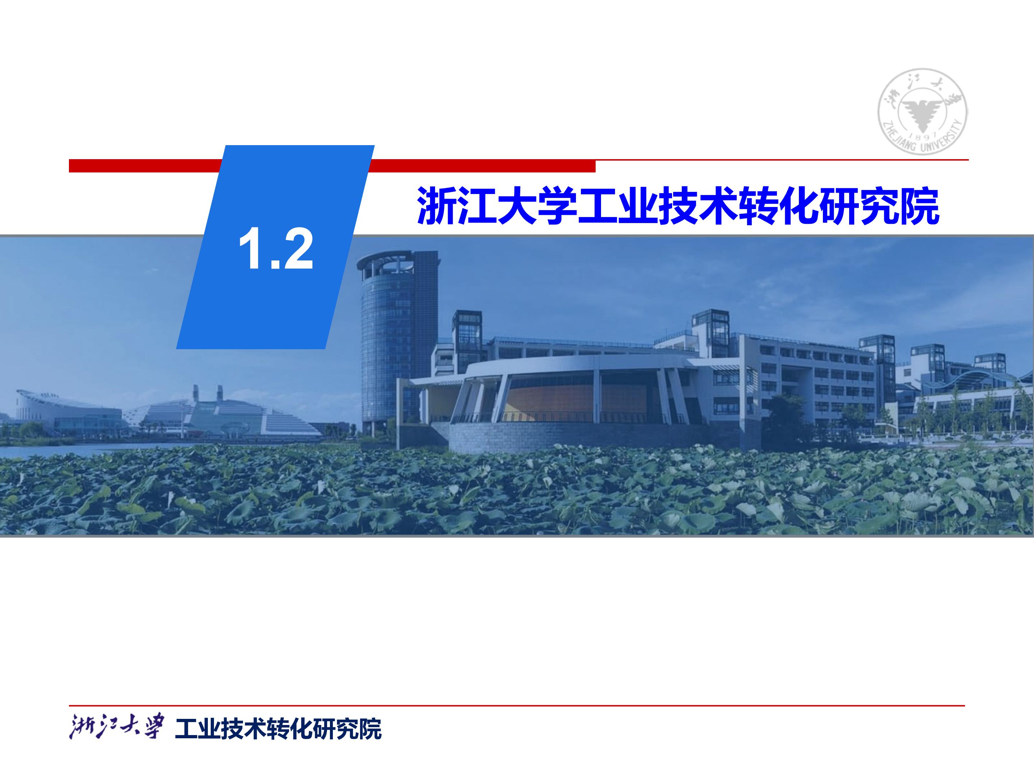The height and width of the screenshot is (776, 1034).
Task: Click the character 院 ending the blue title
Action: (919, 206)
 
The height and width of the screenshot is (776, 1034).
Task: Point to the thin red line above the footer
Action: (517, 705)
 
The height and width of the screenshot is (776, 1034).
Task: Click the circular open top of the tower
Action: (385, 264)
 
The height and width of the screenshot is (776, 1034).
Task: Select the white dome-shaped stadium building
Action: (224, 414)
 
